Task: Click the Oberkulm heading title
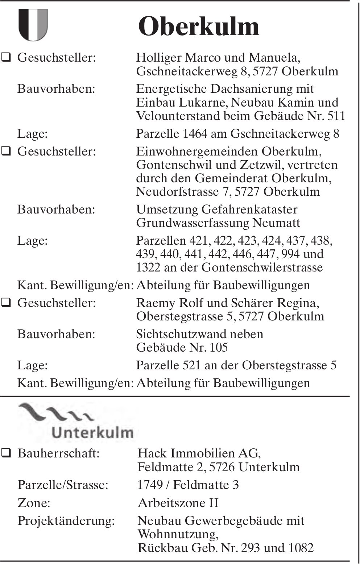pyautogui.click(x=199, y=26)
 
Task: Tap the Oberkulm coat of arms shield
pyautogui.click(x=33, y=25)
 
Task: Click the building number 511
pyautogui.click(x=336, y=116)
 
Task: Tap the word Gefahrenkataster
pyautogui.click(x=249, y=210)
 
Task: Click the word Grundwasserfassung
pyautogui.click(x=193, y=223)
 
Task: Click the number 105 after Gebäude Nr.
pyautogui.click(x=219, y=347)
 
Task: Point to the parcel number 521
pyautogui.click(x=192, y=365)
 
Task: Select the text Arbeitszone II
pyautogui.click(x=178, y=503)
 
